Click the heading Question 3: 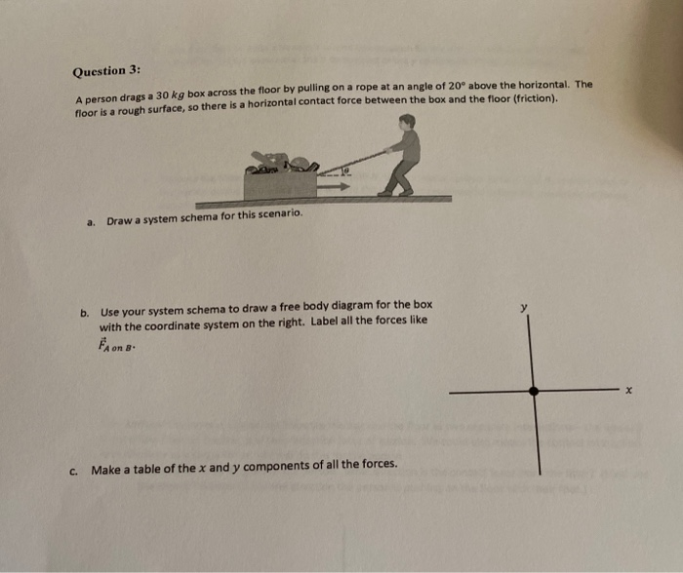tap(106, 71)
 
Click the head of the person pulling tap(407, 122)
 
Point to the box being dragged tap(280, 183)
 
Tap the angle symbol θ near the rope tap(344, 170)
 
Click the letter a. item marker tap(90, 221)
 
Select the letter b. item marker tap(85, 313)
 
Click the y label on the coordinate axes tap(523, 308)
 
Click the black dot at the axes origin tap(533, 391)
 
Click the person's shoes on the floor tap(389, 193)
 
